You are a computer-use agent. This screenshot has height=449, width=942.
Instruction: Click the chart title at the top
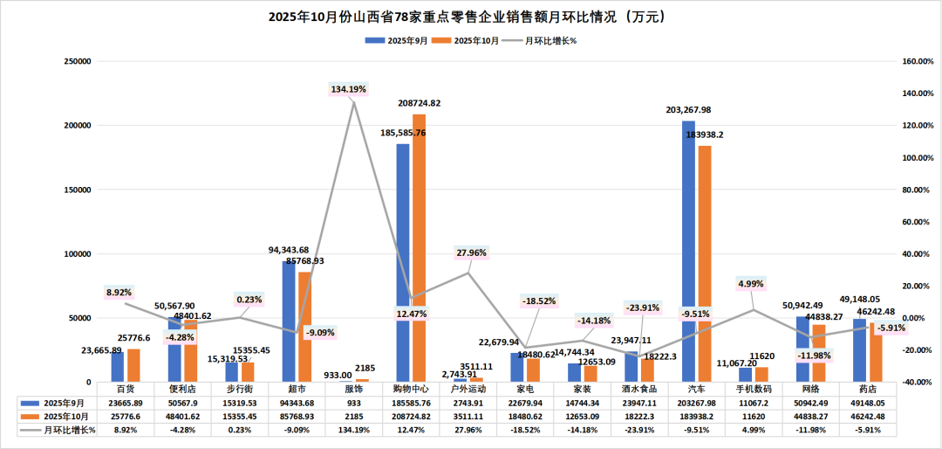click(x=471, y=17)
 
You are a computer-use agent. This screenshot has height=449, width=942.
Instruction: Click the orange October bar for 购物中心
click(x=420, y=248)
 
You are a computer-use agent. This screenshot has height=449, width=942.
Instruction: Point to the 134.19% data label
click(x=349, y=89)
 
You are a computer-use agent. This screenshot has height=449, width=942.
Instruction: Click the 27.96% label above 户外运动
click(x=472, y=253)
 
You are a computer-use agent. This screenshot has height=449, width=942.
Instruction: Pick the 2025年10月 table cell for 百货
click(x=127, y=416)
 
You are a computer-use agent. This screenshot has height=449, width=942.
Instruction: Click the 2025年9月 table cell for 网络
click(x=811, y=403)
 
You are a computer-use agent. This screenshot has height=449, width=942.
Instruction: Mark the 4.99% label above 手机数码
click(x=751, y=283)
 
